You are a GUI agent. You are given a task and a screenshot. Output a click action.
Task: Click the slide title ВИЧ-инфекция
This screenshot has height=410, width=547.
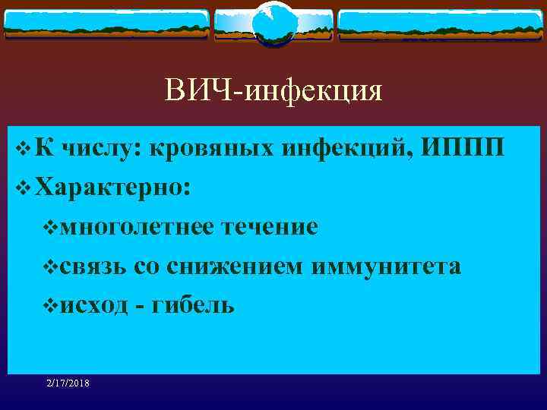pos(273,91)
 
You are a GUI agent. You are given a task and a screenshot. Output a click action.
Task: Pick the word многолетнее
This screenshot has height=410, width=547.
pos(138,227)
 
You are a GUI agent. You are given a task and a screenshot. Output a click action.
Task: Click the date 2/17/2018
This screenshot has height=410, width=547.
pos(67,384)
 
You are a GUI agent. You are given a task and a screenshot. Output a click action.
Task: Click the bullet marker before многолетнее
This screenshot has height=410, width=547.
pos(51,228)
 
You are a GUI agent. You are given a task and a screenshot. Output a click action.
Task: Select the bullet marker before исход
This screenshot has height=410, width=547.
pos(51,307)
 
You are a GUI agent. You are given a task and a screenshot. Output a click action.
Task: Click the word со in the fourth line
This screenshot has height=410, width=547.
pos(144,267)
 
